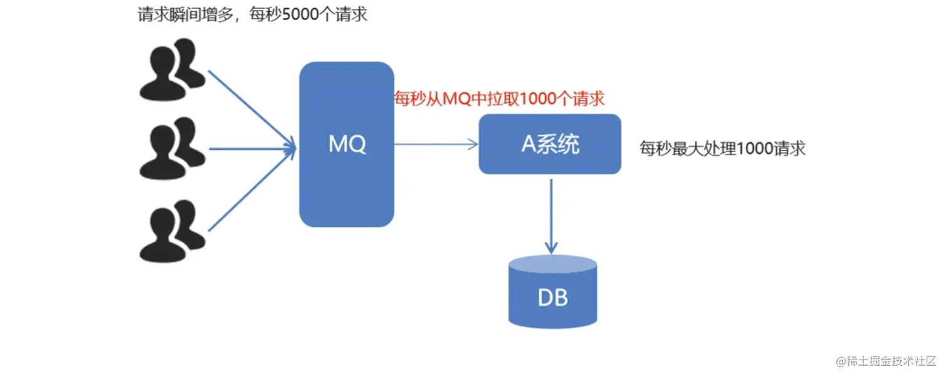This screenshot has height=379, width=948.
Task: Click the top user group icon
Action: [x=171, y=69]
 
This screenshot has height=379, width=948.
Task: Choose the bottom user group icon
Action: [x=171, y=231]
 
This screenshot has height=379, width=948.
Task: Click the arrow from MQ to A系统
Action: [x=436, y=145]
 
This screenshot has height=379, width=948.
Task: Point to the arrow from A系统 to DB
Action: [x=551, y=216]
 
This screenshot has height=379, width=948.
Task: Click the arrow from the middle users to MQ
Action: [x=251, y=149]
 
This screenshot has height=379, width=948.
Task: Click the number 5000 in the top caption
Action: [x=300, y=14]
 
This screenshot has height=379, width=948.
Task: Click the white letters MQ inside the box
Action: [x=347, y=145]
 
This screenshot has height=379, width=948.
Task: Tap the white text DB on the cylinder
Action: [x=552, y=297]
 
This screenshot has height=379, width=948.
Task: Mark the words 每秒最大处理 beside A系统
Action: [x=688, y=149]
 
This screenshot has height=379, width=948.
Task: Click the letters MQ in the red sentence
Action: [x=455, y=98]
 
